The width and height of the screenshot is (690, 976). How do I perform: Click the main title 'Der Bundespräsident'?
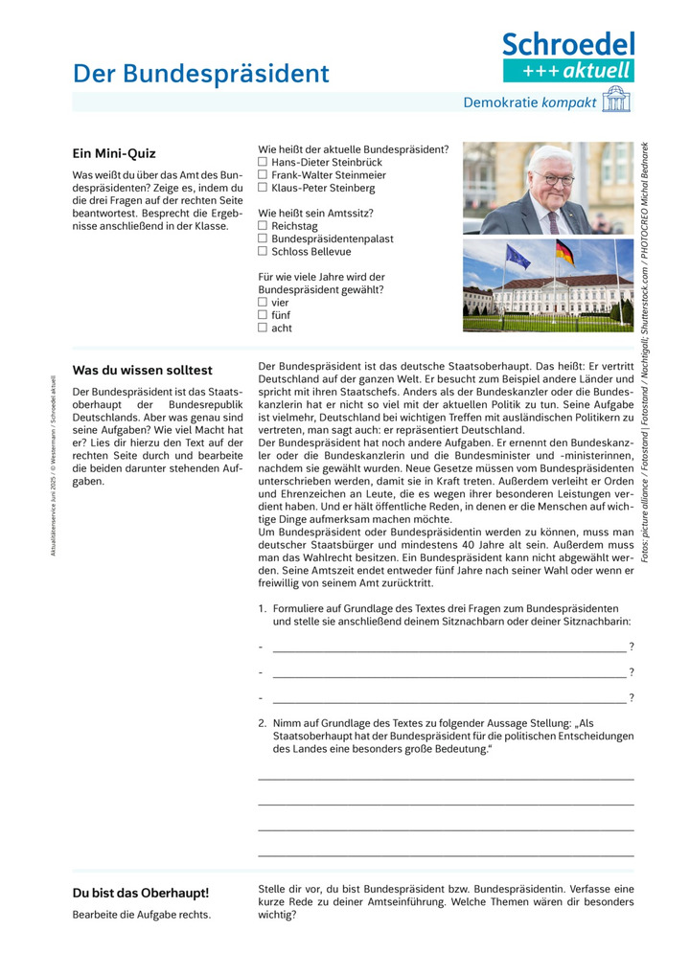pyautogui.click(x=201, y=74)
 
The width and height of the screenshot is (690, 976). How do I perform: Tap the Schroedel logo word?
pyautogui.click(x=568, y=44)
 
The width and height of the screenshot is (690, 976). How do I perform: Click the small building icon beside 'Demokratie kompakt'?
pyautogui.click(x=616, y=100)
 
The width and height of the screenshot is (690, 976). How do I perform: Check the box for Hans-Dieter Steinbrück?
pyautogui.click(x=263, y=163)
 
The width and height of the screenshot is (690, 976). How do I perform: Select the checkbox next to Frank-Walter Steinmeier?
pyautogui.click(x=263, y=175)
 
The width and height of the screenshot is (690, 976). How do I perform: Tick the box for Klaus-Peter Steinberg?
pyautogui.click(x=263, y=188)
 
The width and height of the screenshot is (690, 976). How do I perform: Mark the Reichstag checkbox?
pyautogui.click(x=263, y=226)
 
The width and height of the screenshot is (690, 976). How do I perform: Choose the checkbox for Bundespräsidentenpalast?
pyautogui.click(x=263, y=238)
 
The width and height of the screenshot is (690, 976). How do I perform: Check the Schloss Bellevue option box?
pyautogui.click(x=263, y=251)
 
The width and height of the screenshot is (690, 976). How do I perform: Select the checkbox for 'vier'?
pyautogui.click(x=263, y=302)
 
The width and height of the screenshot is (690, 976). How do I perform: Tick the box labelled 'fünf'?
pyautogui.click(x=263, y=314)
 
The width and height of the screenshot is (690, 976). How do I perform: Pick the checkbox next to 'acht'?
pyautogui.click(x=263, y=328)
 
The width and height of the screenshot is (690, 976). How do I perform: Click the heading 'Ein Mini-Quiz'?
pyautogui.click(x=114, y=153)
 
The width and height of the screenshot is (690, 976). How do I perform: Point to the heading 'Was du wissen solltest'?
pyautogui.click(x=143, y=370)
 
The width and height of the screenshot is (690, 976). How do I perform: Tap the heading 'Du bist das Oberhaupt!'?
pyautogui.click(x=141, y=893)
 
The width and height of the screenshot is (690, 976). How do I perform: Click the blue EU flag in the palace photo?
pyautogui.click(x=517, y=256)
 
